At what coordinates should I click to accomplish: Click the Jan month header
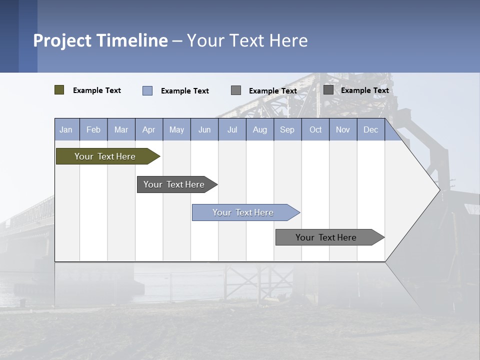point(66,130)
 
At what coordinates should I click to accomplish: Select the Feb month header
point(93,130)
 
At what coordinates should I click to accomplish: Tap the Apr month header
point(148,130)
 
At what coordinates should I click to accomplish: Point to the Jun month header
point(204,130)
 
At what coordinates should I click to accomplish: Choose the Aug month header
point(259,130)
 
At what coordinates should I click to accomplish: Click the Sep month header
point(287,130)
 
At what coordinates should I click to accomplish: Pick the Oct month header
point(315,130)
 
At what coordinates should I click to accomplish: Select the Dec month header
point(370,130)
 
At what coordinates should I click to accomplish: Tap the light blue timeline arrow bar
point(243,212)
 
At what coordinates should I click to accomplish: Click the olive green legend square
point(59,90)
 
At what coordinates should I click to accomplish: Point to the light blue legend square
point(147,90)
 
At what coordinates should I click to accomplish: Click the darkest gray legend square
point(328,90)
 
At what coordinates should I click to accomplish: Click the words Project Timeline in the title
point(100,40)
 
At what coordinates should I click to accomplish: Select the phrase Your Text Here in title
point(247,40)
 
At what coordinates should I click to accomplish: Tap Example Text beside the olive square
point(97,90)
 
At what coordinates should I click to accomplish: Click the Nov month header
point(343,130)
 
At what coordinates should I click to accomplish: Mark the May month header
point(176,130)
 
